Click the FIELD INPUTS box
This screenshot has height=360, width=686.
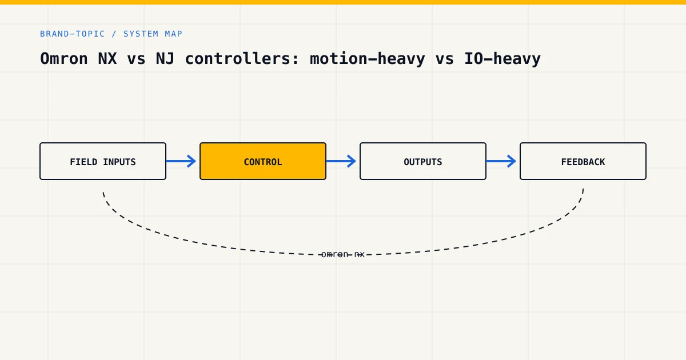pyautogui.click(x=103, y=161)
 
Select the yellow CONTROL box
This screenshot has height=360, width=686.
pyautogui.click(x=263, y=161)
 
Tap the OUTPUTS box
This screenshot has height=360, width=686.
pyautogui.click(x=423, y=161)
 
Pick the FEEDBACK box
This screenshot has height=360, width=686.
pyautogui.click(x=583, y=161)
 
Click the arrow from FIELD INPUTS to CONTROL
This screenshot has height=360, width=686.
pyautogui.click(x=181, y=161)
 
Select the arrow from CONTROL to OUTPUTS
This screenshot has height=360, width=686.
pyautogui.click(x=341, y=161)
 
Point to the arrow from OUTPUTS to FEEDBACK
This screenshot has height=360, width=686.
pyautogui.click(x=501, y=161)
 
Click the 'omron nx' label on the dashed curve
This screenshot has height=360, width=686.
pyautogui.click(x=343, y=254)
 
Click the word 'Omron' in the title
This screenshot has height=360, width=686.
pyautogui.click(x=64, y=58)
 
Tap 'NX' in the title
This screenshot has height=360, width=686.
pyautogui.click(x=107, y=58)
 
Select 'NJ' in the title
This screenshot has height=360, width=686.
pyautogui.click(x=165, y=58)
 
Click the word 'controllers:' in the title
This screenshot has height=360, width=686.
pyautogui.click(x=242, y=58)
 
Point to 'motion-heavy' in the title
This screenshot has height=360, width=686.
pyautogui.click(x=368, y=58)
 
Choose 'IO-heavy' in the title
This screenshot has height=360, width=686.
pyautogui.click(x=502, y=58)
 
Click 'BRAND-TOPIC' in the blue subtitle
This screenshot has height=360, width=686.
pyautogui.click(x=73, y=34)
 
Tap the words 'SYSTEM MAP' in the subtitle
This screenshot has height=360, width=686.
pyautogui.click(x=153, y=34)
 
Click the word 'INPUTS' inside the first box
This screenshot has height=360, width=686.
pyautogui.click(x=119, y=162)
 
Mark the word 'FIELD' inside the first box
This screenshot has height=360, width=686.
pyautogui.click(x=83, y=162)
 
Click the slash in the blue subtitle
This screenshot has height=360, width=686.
pyautogui.click(x=114, y=34)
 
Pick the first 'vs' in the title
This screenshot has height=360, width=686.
pyautogui.click(x=136, y=59)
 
